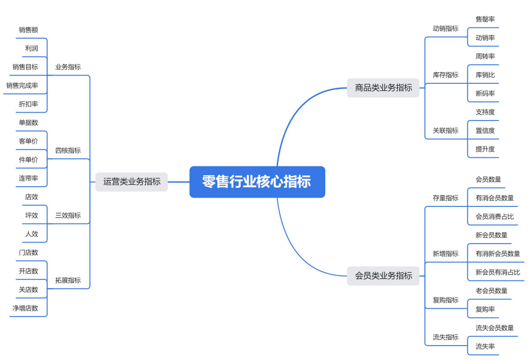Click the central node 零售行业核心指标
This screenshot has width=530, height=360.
click(x=257, y=182)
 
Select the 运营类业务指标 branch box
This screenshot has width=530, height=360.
click(x=131, y=182)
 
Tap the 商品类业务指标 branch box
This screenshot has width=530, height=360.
click(x=383, y=88)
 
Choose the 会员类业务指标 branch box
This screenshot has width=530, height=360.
click(x=383, y=276)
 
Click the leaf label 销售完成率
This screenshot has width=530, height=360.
click(x=22, y=85)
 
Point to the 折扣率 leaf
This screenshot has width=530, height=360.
click(x=28, y=104)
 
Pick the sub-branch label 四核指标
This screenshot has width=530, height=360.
click(x=68, y=151)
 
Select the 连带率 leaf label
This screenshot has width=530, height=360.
click(x=28, y=178)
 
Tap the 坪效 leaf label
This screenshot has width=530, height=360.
click(x=32, y=216)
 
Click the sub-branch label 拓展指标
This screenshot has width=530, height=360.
click(x=68, y=280)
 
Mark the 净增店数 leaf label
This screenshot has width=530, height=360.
click(x=25, y=308)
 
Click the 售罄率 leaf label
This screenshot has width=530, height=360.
click(x=485, y=19)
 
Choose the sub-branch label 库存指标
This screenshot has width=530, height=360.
click(x=445, y=75)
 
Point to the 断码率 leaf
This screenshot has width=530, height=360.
click(x=485, y=94)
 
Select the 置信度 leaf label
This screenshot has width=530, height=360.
click(x=485, y=131)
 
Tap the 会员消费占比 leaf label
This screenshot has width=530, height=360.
click(x=495, y=217)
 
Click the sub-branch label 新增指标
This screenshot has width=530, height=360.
click(x=445, y=254)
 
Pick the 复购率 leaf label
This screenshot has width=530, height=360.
click(x=485, y=309)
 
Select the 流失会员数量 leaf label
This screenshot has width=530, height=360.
click(x=495, y=328)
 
